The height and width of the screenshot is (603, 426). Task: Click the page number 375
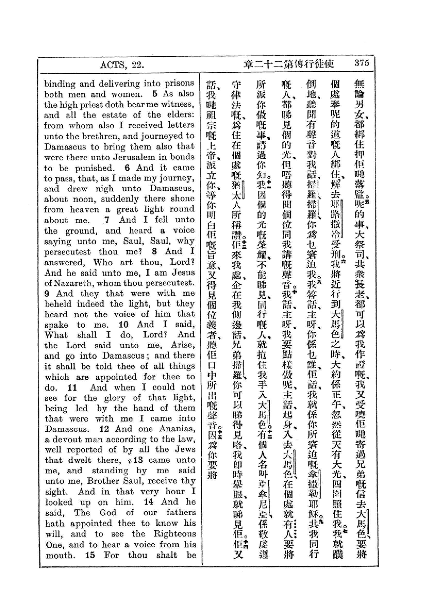point(361,63)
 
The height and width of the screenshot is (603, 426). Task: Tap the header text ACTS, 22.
point(122,65)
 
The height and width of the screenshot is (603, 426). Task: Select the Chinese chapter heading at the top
point(289,64)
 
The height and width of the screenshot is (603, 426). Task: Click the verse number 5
point(155,94)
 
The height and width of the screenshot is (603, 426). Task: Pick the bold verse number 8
point(154,251)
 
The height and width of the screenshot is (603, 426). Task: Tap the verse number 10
point(123,325)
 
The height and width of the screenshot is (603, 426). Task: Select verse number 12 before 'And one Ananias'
point(104,429)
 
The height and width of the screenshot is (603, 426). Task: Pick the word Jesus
point(183,272)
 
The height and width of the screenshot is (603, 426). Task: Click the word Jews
point(185,450)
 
